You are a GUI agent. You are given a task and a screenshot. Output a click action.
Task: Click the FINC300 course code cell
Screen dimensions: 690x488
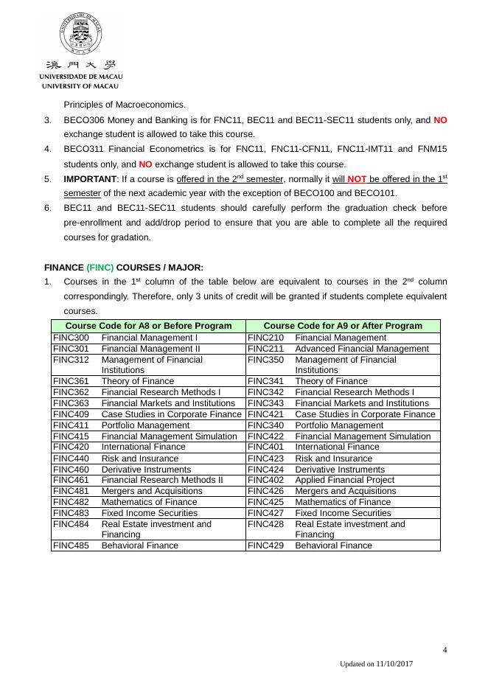[71, 338]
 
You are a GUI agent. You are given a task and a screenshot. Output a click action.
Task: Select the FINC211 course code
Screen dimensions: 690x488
[265, 349]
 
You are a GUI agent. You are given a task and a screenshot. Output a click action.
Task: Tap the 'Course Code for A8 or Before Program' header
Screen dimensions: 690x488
[148, 326]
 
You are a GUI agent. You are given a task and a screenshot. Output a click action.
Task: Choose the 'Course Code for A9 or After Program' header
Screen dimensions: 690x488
[343, 326]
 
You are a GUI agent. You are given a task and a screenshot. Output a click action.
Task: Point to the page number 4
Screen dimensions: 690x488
[445, 649]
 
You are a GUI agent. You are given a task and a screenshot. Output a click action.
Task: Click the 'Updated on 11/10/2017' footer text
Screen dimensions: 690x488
[376, 664]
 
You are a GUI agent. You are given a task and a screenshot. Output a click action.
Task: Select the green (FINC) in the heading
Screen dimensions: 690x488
[100, 267]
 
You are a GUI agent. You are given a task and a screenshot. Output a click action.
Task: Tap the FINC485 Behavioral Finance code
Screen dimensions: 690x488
[71, 546]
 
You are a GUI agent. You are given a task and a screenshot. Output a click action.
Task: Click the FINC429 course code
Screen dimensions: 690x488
[265, 546]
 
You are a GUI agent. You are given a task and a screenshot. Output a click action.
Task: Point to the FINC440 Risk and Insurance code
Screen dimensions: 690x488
[71, 459]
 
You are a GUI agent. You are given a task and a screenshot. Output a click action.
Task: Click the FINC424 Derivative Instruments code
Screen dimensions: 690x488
[265, 470]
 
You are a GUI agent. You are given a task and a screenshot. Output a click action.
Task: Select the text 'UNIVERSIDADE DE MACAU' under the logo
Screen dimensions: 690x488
[80, 77]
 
